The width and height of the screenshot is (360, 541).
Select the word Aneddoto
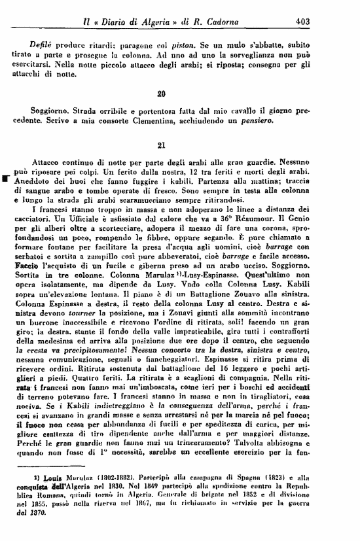coord(36,179)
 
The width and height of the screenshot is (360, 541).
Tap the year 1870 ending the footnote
coord(34,512)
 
